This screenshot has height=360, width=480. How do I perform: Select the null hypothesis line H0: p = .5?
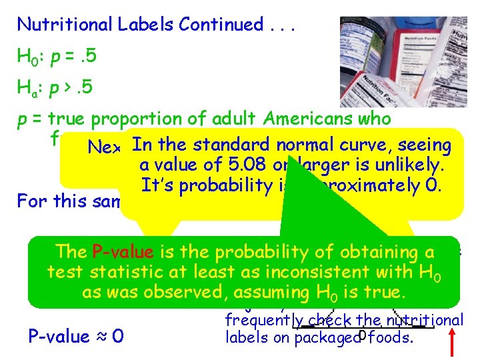[x=57, y=57]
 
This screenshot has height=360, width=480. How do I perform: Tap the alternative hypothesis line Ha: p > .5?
[x=57, y=87]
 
